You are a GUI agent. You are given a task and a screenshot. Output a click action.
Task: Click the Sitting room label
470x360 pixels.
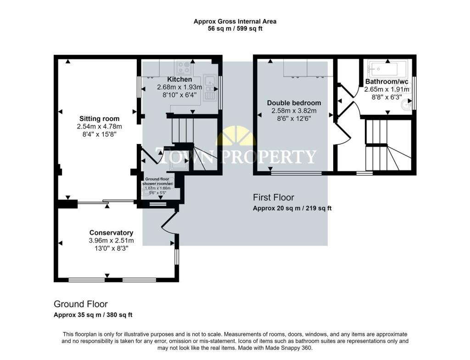click(99, 119)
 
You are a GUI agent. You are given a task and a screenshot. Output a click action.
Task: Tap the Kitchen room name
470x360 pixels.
click(179, 79)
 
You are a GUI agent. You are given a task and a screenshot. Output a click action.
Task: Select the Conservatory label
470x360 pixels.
click(111, 233)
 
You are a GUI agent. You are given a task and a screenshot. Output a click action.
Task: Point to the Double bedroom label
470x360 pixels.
click(294, 103)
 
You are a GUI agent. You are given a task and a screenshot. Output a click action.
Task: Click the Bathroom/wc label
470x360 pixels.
click(386, 82)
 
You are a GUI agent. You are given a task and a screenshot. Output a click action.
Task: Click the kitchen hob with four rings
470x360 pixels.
click(184, 68)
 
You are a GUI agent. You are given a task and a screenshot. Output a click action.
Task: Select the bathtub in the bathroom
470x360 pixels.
click(387, 69)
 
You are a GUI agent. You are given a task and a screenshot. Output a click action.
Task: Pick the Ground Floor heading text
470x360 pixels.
click(81, 304)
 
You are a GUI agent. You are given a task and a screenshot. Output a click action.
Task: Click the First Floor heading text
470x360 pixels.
click(274, 197)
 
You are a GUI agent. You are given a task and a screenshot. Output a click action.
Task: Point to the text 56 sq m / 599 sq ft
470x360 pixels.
click(235, 29)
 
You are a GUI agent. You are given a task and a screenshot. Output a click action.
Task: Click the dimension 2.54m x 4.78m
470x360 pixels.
click(99, 127)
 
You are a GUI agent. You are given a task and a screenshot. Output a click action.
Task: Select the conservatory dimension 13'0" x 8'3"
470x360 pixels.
click(111, 248)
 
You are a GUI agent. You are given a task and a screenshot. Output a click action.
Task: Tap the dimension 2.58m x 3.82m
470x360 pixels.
click(294, 111)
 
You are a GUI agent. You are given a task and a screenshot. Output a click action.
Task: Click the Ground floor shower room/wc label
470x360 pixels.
click(158, 181)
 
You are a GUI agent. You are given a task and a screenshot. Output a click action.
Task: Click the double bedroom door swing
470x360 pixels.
click(342, 134)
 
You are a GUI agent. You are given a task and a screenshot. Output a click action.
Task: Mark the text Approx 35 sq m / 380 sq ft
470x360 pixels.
click(93, 315)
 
